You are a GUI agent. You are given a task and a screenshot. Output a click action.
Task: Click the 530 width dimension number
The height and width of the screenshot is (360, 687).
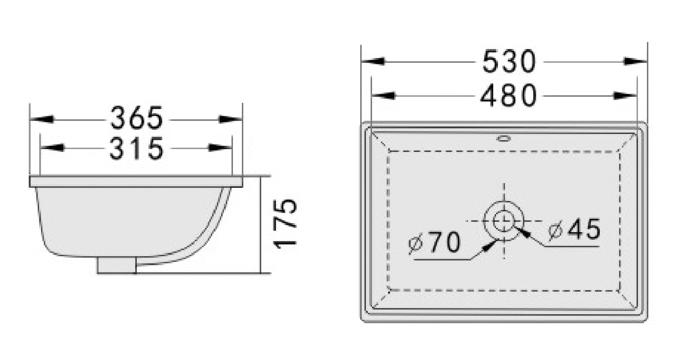pos(509,62)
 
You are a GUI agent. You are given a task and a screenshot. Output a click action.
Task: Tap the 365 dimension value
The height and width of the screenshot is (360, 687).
pos(136,117)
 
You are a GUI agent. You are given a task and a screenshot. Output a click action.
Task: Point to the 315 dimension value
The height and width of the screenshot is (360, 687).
pos(137,149)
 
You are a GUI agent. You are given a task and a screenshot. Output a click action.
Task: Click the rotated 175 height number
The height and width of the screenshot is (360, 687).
pos(285,224)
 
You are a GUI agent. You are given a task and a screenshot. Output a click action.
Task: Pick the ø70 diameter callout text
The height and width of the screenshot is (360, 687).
pos(435,243)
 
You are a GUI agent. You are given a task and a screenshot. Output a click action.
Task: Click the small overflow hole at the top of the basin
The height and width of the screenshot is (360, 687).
pos(504,138)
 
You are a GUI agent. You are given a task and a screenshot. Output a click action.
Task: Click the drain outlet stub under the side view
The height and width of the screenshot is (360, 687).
pos(117,265)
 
